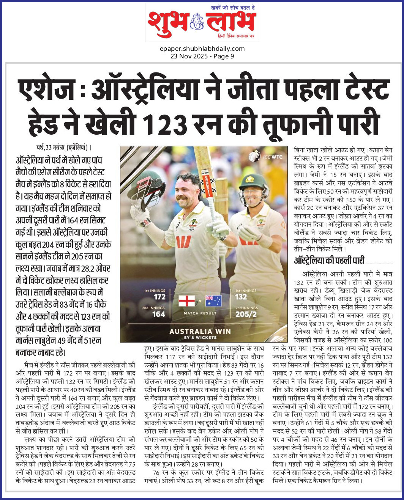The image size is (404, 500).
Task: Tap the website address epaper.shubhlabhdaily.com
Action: click(x=202, y=49)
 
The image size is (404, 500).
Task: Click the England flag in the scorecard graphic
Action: click(x=187, y=301)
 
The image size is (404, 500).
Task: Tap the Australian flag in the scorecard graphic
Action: click(x=213, y=301)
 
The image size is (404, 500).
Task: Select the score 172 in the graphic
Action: click(x=159, y=297)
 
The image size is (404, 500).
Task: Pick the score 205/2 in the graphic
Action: click(x=246, y=314)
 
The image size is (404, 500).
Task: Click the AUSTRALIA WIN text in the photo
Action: click(x=200, y=331)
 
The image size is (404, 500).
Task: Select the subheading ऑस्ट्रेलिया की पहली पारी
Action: click(x=329, y=260)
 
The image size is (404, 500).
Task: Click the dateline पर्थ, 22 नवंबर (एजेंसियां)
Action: click(x=64, y=148)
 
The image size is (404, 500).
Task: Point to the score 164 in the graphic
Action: click(x=158, y=314)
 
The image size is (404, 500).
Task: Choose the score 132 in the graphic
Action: click(x=241, y=297)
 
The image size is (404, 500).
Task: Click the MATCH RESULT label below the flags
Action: click(x=200, y=313)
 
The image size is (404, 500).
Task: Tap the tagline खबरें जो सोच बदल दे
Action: click(x=233, y=7)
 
